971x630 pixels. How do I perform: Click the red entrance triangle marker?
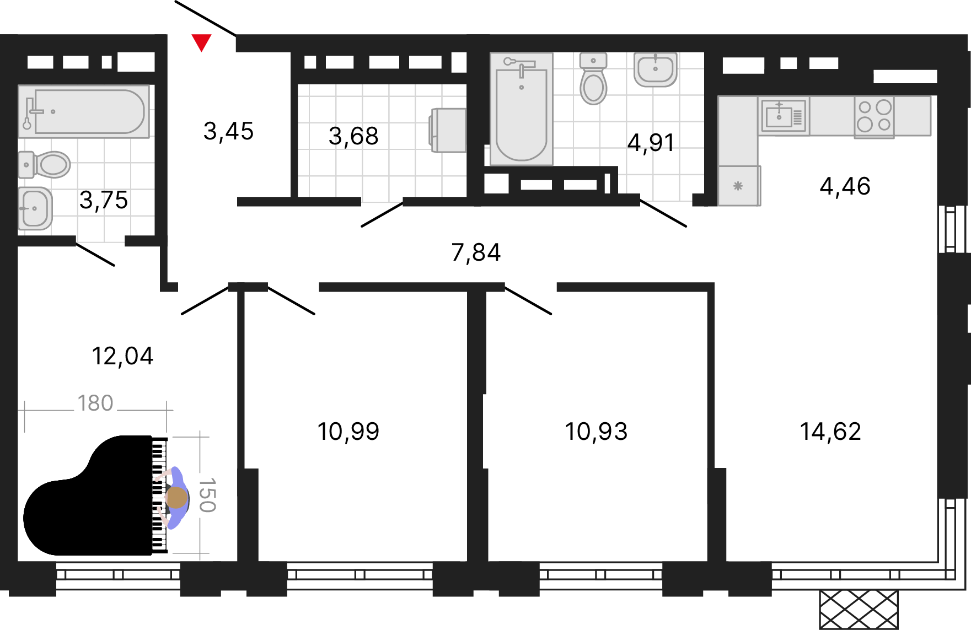click(201, 42)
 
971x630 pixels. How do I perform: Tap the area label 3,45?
click(228, 132)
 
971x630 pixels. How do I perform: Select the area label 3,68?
click(353, 136)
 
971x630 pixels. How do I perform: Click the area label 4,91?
click(651, 143)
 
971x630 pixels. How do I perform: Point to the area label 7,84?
click(476, 252)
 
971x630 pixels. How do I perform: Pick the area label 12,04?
click(122, 356)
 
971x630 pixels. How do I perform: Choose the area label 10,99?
click(348, 432)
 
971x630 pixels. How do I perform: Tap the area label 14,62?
click(830, 432)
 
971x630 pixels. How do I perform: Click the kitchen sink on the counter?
click(784, 116)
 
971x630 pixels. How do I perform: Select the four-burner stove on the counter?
click(875, 116)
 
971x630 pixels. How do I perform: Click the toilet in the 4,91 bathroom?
click(593, 78)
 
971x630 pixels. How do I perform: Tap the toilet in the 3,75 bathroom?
click(45, 165)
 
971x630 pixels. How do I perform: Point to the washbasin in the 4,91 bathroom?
click(655, 69)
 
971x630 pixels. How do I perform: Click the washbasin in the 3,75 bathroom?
click(35, 208)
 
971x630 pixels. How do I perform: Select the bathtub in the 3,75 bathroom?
click(84, 111)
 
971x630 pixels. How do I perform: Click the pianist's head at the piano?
click(177, 498)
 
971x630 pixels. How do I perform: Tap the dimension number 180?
click(95, 403)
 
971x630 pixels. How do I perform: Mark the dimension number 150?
click(207, 495)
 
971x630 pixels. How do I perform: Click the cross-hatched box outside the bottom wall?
click(859, 610)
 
